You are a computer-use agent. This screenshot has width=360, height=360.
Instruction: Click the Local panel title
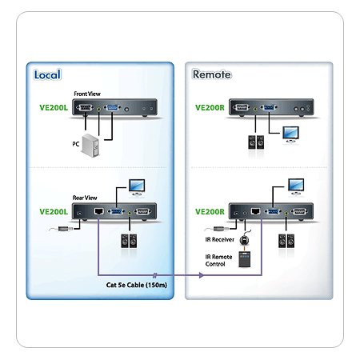[47, 74]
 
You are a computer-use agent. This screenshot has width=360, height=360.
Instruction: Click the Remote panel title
[212, 74]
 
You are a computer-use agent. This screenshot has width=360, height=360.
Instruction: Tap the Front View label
[87, 94]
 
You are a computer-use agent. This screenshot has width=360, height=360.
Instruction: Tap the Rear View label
[85, 198]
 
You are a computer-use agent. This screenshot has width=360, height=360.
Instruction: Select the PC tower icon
[90, 146]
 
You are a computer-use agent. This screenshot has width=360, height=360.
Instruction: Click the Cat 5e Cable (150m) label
[137, 285]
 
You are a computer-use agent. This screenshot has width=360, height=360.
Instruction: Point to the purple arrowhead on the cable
[202, 275]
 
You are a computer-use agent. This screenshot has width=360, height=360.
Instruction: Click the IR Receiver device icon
[244, 240]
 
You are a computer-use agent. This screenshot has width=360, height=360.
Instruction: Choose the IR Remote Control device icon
[244, 259]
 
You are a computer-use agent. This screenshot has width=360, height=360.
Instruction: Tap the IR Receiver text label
[219, 240]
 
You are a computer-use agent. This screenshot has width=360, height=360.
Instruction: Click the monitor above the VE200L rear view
[137, 188]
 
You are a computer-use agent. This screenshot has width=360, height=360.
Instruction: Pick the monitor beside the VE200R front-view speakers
[290, 135]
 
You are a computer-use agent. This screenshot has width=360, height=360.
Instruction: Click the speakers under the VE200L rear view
[129, 241]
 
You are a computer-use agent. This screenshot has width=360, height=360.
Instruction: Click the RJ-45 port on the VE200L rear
[98, 211]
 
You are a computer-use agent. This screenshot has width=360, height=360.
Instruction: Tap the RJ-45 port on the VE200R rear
[256, 211]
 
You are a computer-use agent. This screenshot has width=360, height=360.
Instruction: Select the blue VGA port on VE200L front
[112, 108]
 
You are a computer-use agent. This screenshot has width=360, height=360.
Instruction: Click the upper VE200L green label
[54, 108]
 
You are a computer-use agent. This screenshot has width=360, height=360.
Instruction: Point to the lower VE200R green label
[210, 212]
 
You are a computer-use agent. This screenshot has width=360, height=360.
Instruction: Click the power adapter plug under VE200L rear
[65, 229]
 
